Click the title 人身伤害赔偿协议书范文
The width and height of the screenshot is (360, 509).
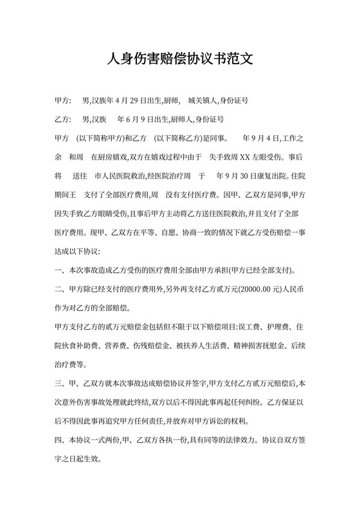click(180, 60)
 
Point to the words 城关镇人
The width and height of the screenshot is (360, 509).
click(203, 101)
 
